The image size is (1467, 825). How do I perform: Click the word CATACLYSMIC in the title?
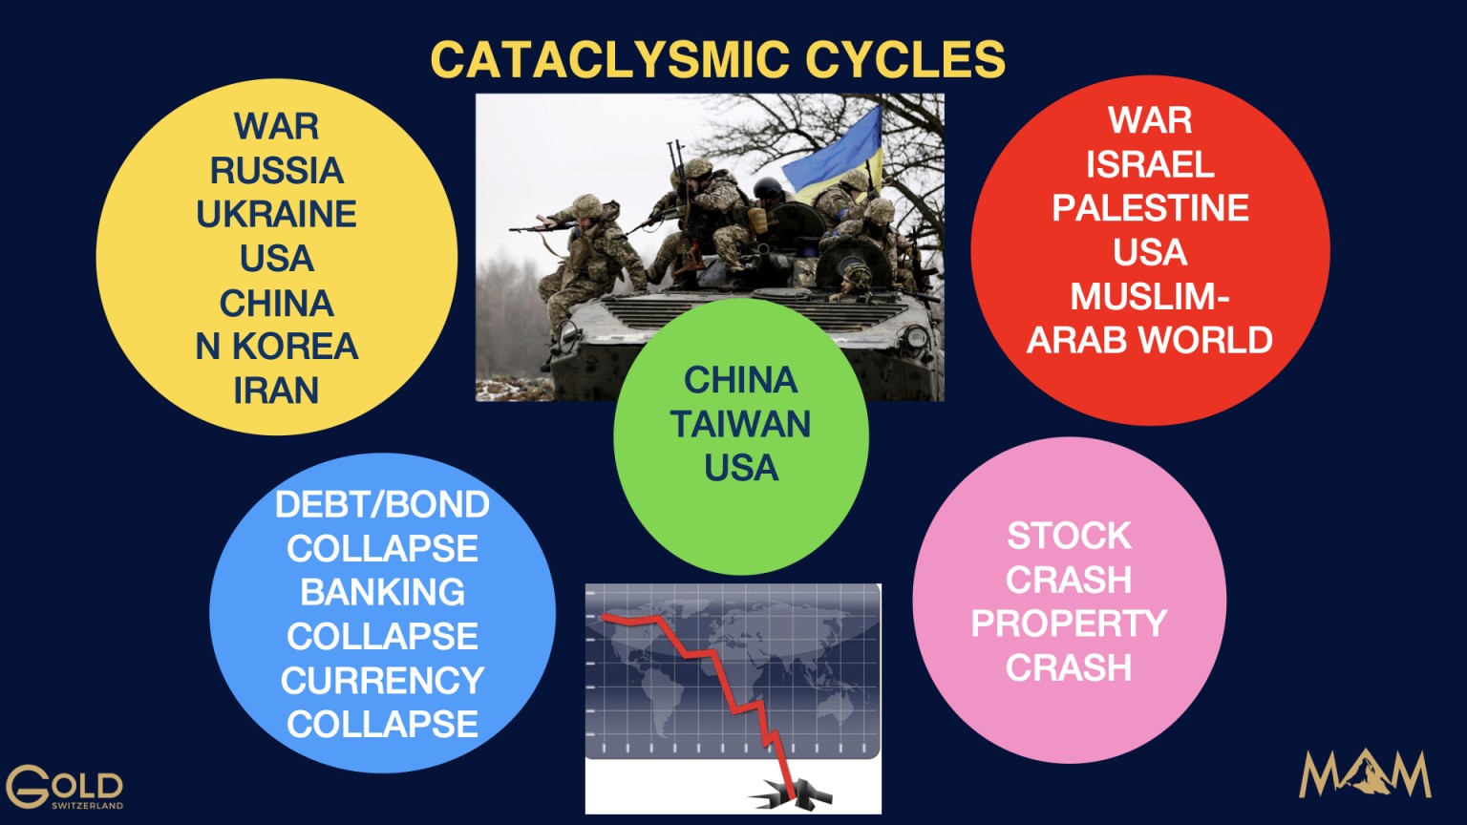coord(609,59)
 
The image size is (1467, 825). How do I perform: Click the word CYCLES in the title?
coord(905,59)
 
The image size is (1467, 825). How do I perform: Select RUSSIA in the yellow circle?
coord(276,171)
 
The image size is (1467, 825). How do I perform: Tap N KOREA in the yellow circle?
coord(276,347)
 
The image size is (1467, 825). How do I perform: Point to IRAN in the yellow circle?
coord(276,391)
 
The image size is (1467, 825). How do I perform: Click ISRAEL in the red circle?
coord(1150,164)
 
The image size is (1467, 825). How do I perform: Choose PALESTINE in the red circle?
coord(1150,208)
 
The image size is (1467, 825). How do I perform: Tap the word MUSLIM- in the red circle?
coord(1150,297)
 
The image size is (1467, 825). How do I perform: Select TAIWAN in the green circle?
coord(741,424)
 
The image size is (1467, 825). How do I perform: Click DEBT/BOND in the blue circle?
coord(382,505)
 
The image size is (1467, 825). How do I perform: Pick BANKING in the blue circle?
coord(382,592)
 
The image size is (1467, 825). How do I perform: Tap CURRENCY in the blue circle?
coord(382,680)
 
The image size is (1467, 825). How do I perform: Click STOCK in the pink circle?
coord(1069,537)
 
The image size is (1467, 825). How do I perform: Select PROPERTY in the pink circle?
coord(1069,624)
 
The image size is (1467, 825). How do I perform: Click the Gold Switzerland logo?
coord(64,787)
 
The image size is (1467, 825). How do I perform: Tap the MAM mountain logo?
coord(1365,774)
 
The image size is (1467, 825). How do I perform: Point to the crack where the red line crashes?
coord(791,794)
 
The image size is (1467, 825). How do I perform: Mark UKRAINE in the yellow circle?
coord(276,214)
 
